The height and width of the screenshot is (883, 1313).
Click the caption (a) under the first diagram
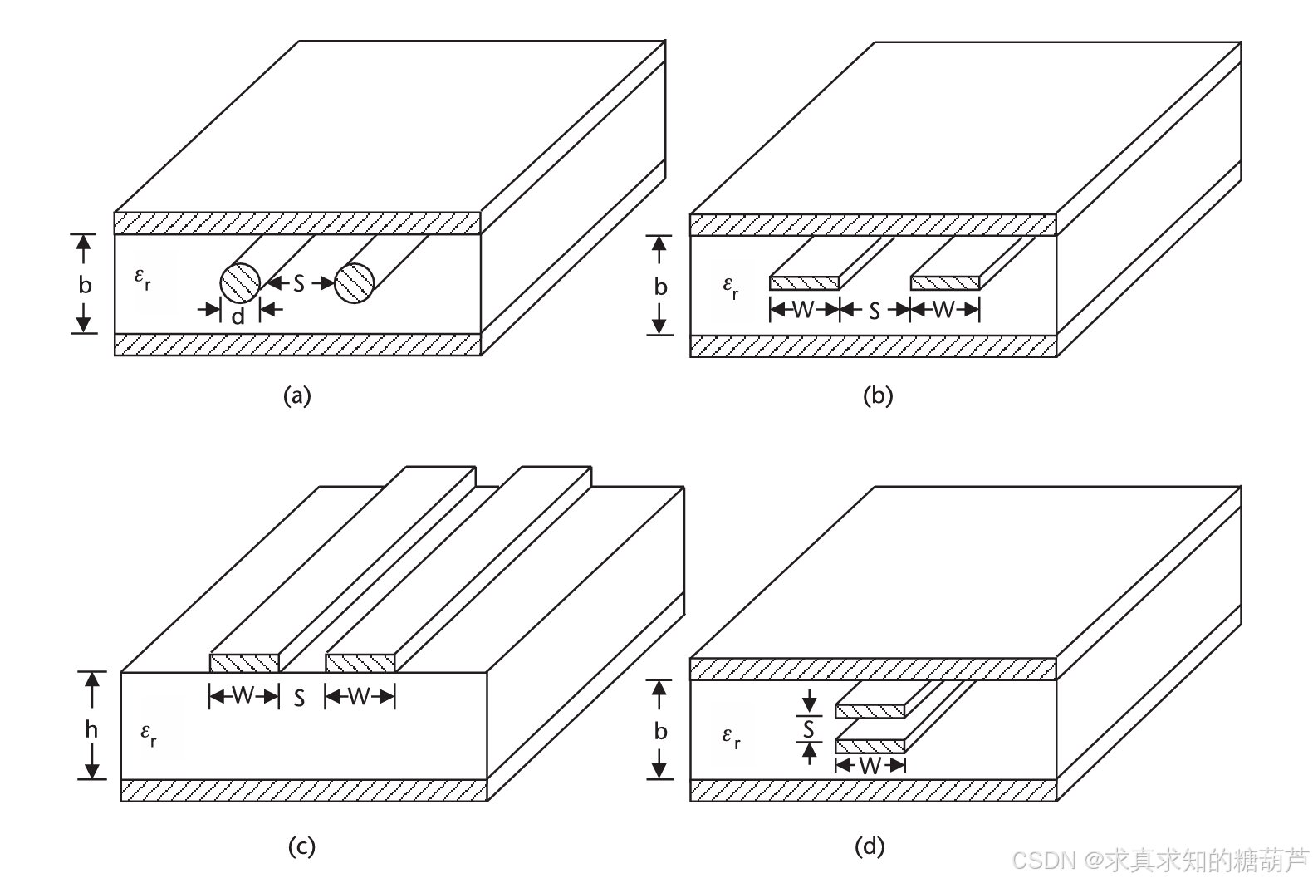pyautogui.click(x=297, y=395)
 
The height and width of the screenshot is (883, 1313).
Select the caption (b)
pyautogui.click(x=878, y=395)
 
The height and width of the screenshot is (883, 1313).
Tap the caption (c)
pyautogui.click(x=301, y=846)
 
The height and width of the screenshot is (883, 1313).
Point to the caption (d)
pyautogui.click(x=870, y=846)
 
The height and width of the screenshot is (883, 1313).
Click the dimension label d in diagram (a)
pyautogui.click(x=238, y=316)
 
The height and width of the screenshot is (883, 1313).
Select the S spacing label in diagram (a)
pyautogui.click(x=298, y=283)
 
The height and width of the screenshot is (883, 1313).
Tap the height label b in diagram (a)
pyautogui.click(x=85, y=285)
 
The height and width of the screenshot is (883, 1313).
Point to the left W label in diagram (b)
pyautogui.click(x=803, y=310)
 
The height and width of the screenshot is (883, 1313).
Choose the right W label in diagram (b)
pyautogui.click(x=943, y=310)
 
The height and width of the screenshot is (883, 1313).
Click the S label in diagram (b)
pyautogui.click(x=874, y=311)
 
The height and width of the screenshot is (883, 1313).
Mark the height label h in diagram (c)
pyautogui.click(x=91, y=729)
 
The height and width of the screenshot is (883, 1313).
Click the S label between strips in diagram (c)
pyautogui.click(x=300, y=699)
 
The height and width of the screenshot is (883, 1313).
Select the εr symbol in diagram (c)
pyautogui.click(x=149, y=733)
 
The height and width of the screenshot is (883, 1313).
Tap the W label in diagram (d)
pyautogui.click(x=870, y=765)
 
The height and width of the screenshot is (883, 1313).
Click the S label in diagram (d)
pyautogui.click(x=808, y=730)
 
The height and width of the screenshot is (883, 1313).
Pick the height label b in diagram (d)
pyautogui.click(x=660, y=731)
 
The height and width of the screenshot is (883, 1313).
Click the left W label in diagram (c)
pyautogui.click(x=243, y=695)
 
